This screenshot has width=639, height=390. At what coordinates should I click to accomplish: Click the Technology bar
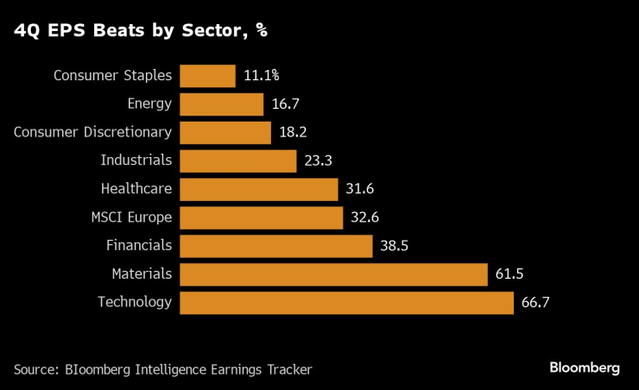tap(346, 303)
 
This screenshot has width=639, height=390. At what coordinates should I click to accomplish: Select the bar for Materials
tap(334, 274)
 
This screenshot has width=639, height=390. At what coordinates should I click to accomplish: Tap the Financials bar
tap(275, 246)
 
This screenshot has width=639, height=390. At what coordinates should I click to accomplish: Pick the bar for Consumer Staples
tap(207, 76)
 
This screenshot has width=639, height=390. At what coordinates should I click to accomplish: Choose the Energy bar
tap(221, 104)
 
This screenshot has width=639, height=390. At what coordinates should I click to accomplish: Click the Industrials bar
tap(237, 160)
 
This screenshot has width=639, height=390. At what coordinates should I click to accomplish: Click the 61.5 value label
tap(510, 274)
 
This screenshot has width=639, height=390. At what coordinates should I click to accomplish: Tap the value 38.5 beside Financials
tap(394, 246)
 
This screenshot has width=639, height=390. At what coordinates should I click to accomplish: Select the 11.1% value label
tap(261, 76)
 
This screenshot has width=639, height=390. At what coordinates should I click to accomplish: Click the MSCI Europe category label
tap(132, 217)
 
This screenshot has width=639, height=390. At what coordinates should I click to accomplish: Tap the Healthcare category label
tap(136, 189)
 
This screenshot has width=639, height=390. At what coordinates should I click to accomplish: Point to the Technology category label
tap(135, 302)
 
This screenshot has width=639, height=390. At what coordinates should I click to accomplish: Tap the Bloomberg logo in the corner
tap(585, 368)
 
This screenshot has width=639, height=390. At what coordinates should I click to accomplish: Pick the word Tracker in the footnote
tap(288, 369)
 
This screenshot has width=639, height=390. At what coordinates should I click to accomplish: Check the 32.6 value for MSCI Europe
tap(364, 217)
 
